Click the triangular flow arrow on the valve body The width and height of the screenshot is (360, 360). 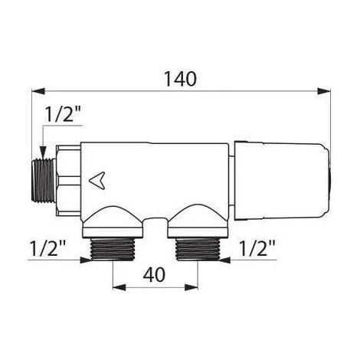[x=95, y=180]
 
